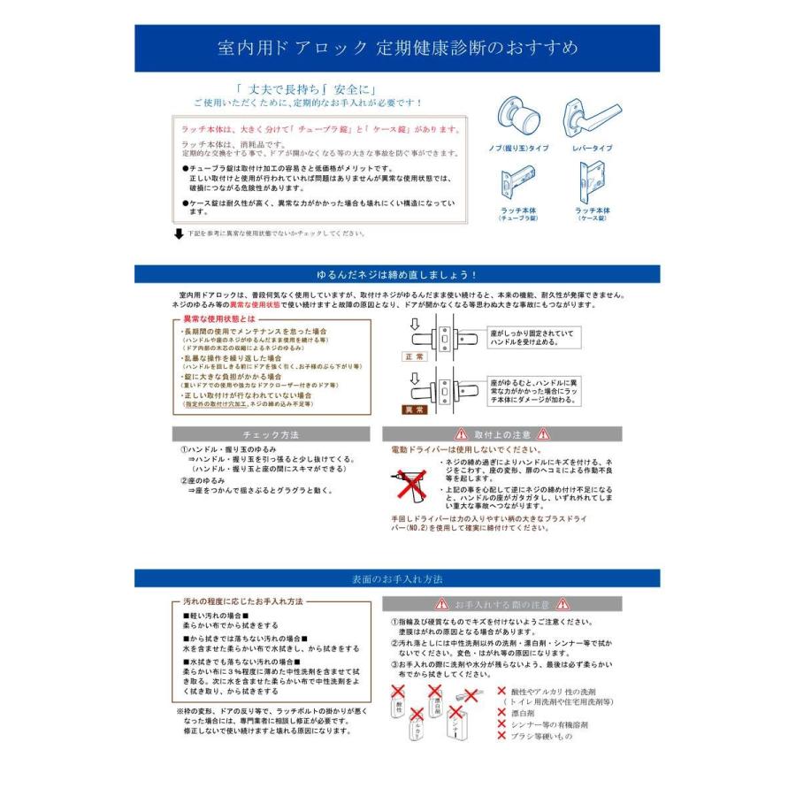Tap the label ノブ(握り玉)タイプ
[x=518, y=149]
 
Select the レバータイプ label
[x=593, y=149]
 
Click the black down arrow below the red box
[x=179, y=233]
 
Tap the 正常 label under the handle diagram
[x=415, y=356]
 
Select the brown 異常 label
[x=415, y=410]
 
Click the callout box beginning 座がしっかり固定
[x=533, y=337]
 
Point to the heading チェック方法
[x=271, y=435]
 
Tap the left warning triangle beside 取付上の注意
[x=460, y=435]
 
